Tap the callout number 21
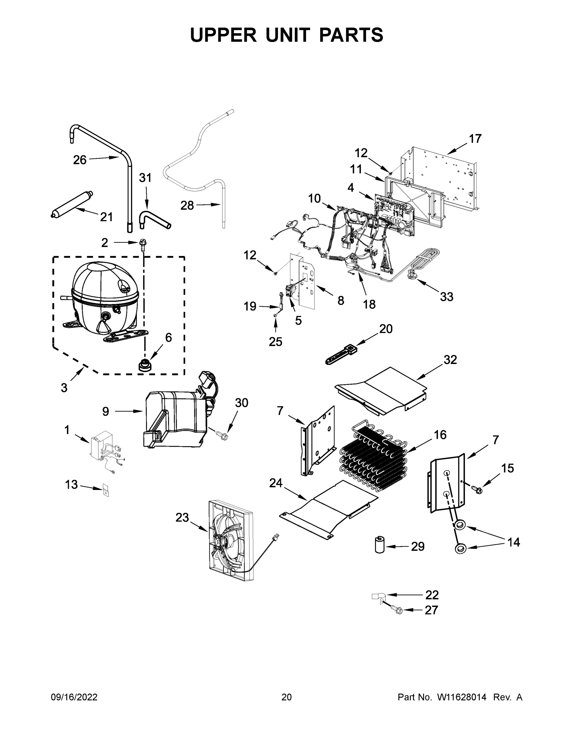tap(106, 217)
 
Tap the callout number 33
tap(446, 297)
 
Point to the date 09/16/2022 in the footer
tap(74, 697)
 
